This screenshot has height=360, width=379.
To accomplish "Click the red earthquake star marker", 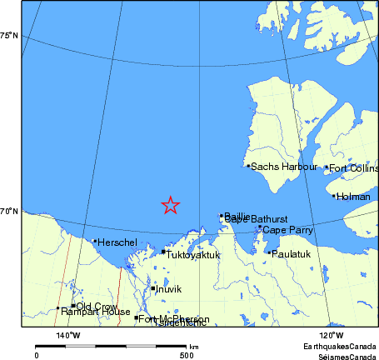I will pos(170,205).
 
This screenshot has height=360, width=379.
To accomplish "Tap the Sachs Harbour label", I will pos(284,167).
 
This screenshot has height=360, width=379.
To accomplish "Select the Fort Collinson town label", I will pos(353,168).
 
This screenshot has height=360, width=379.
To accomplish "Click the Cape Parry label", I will pos(287,229).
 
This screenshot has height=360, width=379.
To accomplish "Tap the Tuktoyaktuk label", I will pos(193,254).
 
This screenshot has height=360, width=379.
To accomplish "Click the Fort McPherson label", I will pos(173,318).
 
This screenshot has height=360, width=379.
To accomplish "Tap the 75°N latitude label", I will pos(9,35).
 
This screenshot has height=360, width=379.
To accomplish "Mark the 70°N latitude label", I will pos(9,212).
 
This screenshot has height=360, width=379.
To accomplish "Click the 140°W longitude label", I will pos(68,335).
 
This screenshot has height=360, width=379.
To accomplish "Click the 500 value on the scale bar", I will pos(187,355).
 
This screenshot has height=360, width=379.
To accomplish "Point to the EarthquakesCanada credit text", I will pos(340,346).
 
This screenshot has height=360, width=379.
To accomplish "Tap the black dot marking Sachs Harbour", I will pos(248,166).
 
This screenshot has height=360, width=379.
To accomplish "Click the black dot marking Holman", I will pos(334,197).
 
